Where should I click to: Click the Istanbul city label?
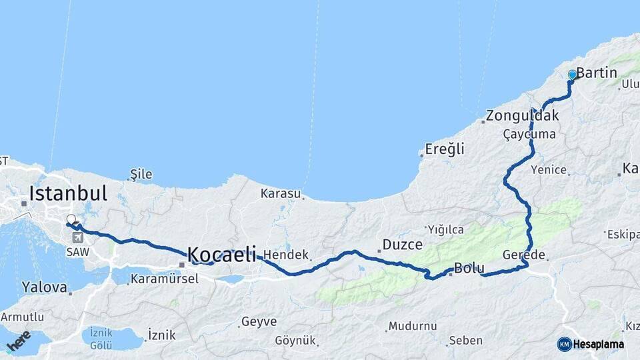pos(67,194)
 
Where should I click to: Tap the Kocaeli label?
pos(221,254)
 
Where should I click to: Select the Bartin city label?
pos(597,73)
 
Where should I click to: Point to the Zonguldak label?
pos(522,115)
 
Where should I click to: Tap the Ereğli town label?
pos(445,149)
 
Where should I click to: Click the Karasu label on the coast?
pos(281,194)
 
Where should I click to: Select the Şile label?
pos(141,175)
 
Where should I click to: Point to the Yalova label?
pos(44,287)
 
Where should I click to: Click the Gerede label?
pos(524,255)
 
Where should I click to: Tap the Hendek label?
pos(286,255)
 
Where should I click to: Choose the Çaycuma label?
pos(529,134)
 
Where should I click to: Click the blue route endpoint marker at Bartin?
pos(572,75)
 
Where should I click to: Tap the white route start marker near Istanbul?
pos(71,219)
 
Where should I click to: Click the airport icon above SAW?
pos(78,237)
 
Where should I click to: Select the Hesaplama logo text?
pos(600,344)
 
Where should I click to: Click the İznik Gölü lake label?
pos(101,339)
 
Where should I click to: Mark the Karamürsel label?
pos(164,278)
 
